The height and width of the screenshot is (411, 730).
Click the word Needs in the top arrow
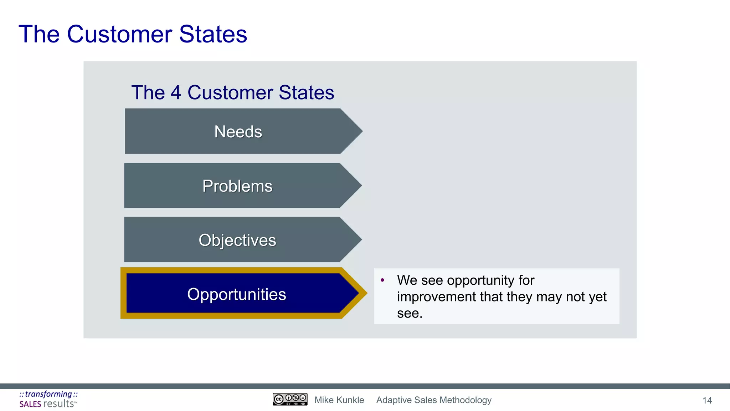click(238, 132)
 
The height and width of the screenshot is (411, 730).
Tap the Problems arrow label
click(237, 186)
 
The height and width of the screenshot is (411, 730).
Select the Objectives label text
click(237, 240)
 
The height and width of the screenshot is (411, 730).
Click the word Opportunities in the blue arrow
click(237, 294)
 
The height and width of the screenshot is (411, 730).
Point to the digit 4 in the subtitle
click(176, 93)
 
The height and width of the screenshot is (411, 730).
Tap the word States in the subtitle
click(307, 93)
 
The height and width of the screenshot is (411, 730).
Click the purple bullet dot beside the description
click(382, 280)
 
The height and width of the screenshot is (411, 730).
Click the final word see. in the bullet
click(410, 313)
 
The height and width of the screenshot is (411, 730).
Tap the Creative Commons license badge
click(290, 400)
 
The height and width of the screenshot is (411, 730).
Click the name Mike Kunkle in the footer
click(339, 400)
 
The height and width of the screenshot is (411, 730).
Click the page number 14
click(707, 400)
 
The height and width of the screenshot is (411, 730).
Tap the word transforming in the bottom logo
click(48, 394)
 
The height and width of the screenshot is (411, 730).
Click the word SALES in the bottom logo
click(30, 404)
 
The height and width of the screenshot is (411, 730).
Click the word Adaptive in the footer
click(394, 400)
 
